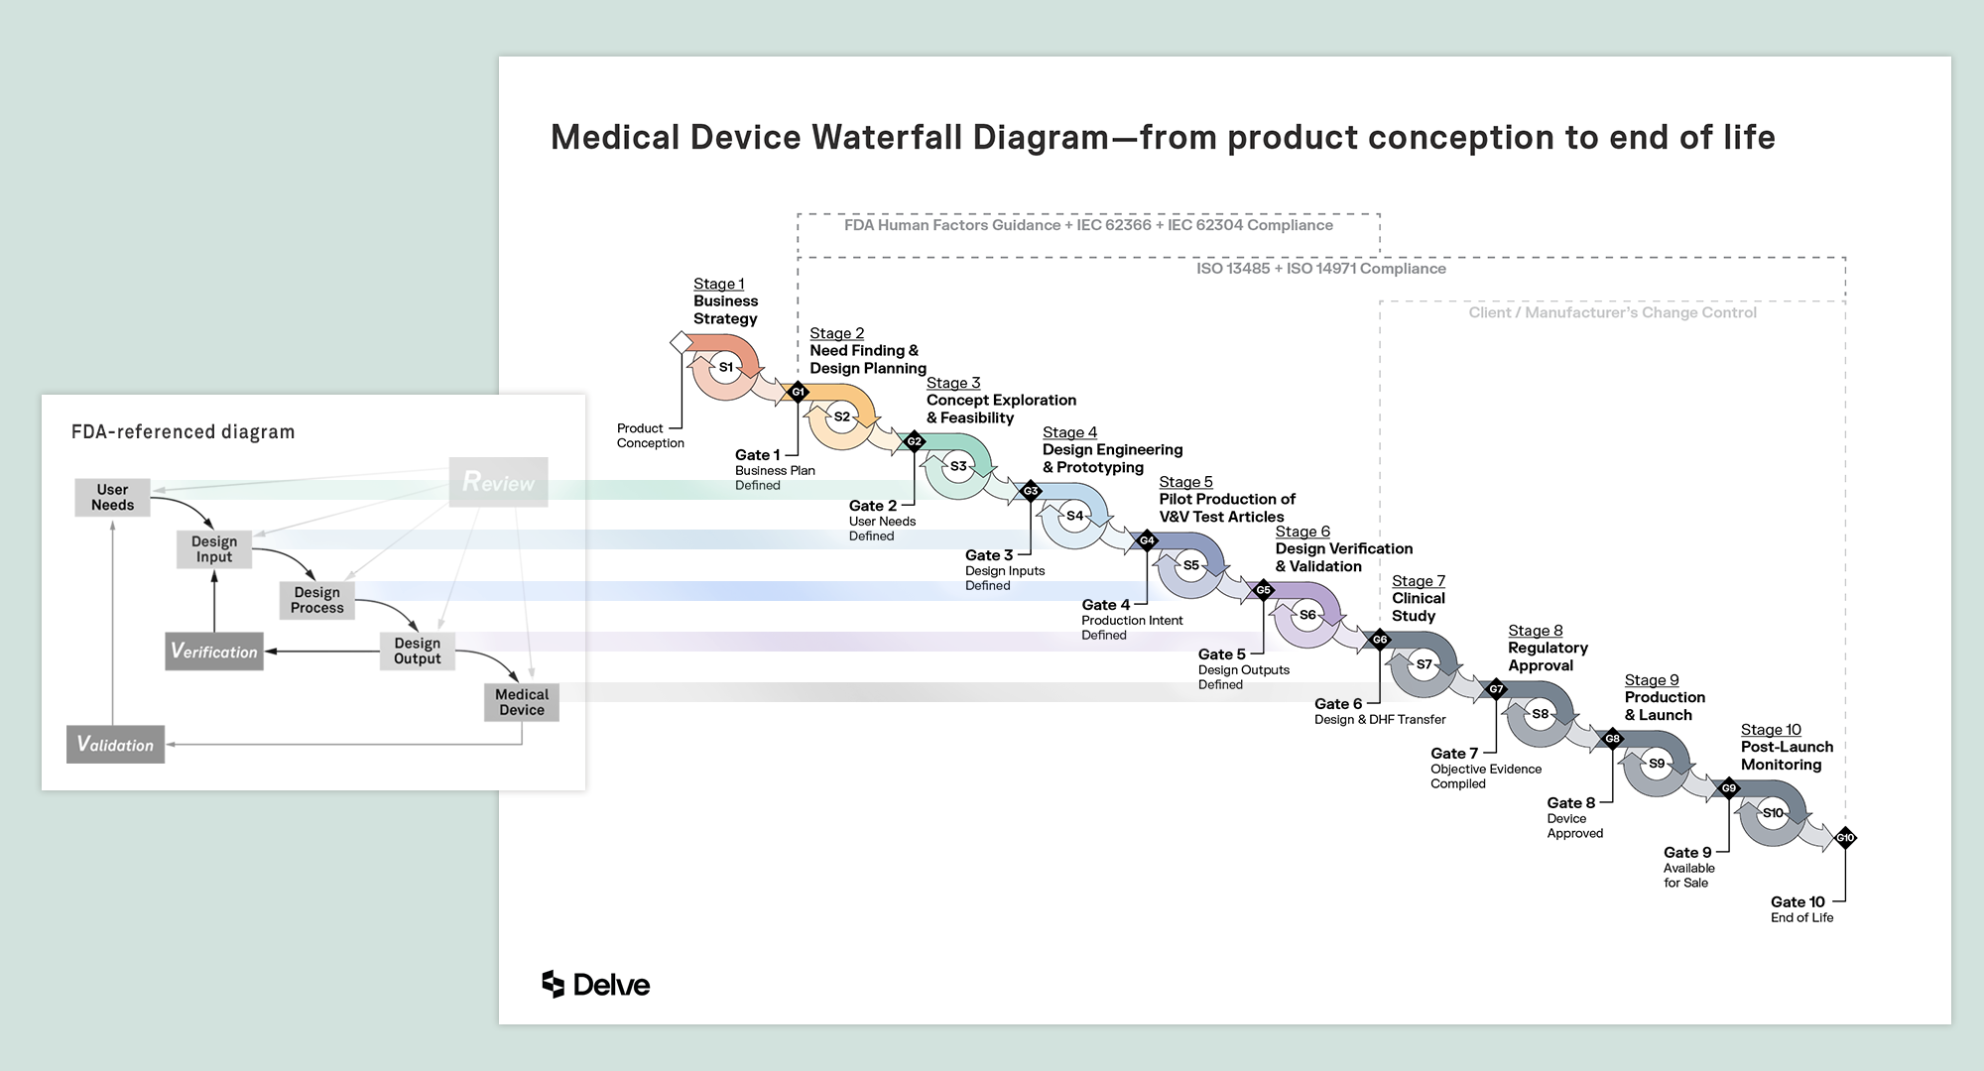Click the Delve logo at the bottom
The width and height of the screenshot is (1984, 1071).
595,984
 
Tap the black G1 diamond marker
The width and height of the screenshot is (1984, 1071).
798,392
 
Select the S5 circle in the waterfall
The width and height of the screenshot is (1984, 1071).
1190,565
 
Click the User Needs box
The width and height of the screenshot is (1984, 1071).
112,497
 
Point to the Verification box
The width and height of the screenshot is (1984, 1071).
214,652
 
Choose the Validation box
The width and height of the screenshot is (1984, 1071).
115,745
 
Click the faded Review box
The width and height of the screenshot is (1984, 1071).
498,482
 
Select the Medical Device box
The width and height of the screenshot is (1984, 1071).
522,702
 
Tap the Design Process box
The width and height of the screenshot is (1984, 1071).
317,600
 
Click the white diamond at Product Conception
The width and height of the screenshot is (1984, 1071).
682,342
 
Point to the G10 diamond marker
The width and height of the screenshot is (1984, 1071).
1845,838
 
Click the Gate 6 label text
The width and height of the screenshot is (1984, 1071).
1337,704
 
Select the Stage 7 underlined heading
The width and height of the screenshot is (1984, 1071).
1418,581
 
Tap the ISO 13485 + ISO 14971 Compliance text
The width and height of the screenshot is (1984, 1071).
1320,269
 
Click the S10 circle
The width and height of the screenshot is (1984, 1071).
1773,813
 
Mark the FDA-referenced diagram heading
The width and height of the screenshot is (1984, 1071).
183,431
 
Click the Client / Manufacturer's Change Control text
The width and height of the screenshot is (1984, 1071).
1612,312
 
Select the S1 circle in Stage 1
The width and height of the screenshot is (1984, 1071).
726,367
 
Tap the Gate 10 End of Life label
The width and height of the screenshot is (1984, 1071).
1800,909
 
